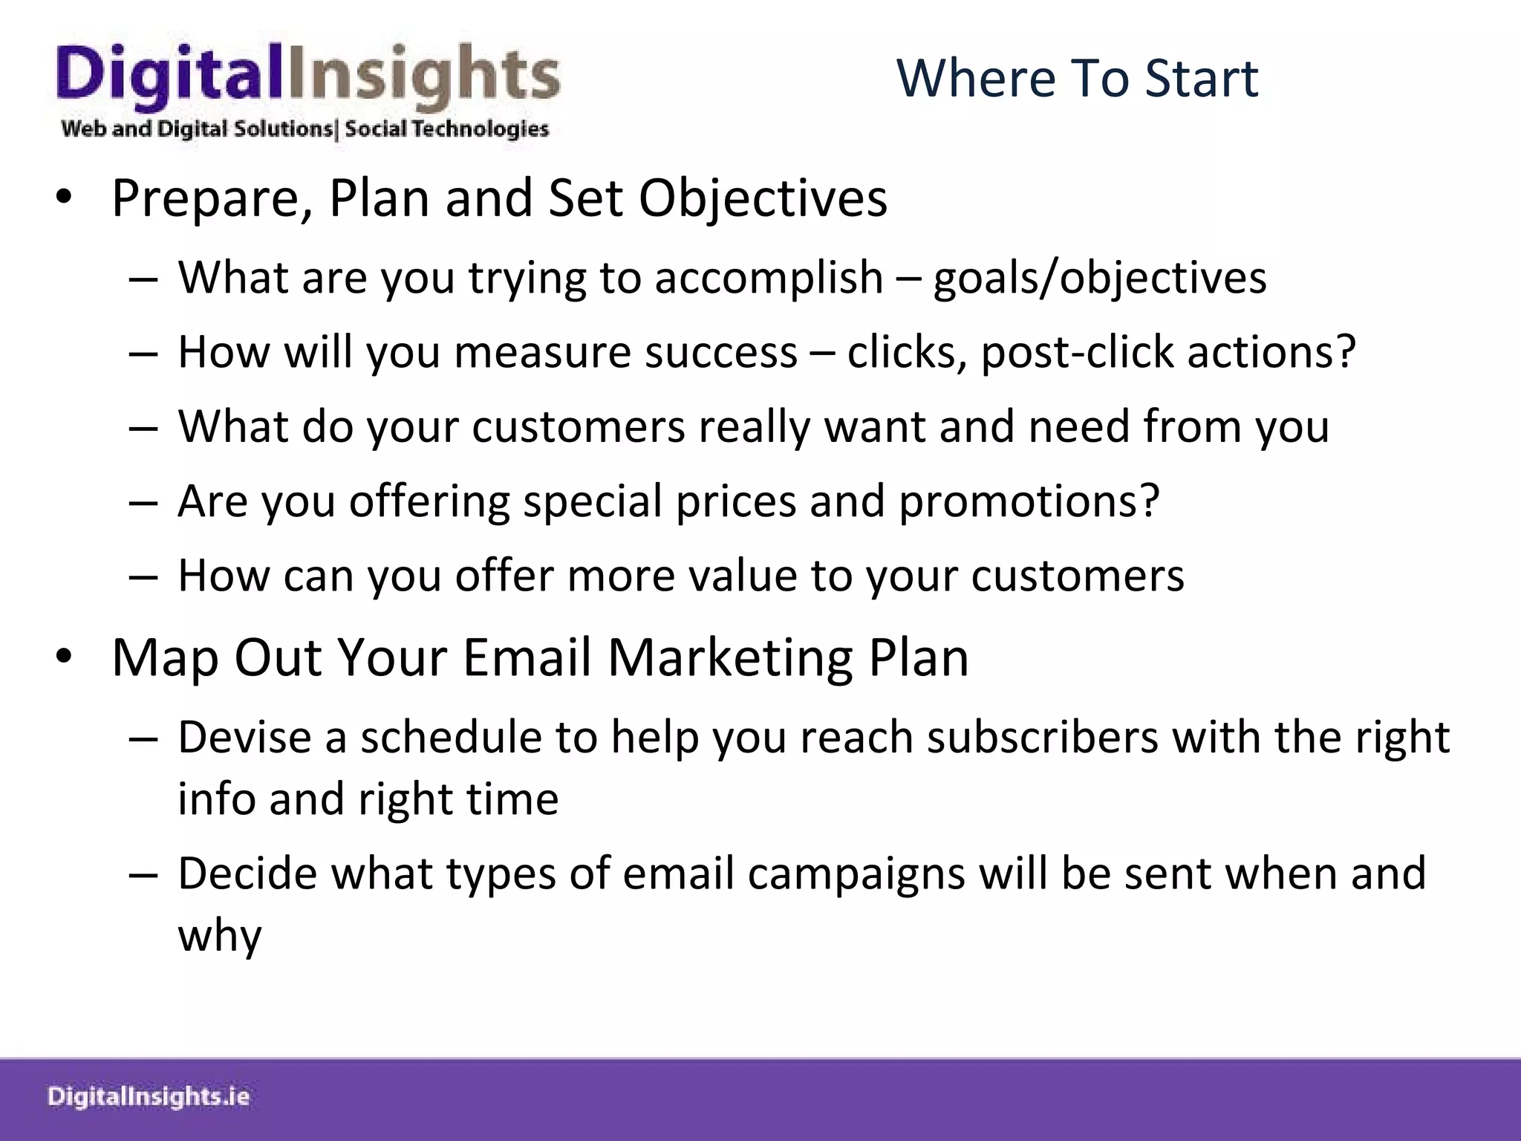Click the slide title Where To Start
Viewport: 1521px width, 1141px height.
(1077, 78)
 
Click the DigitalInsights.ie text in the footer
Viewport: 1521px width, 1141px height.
(149, 1097)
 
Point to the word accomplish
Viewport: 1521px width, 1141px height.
(769, 278)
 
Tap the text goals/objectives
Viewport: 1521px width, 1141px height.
(1100, 278)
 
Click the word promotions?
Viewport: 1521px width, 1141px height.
(1029, 501)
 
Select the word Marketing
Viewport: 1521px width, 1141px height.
(731, 658)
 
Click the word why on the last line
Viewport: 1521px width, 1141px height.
(220, 935)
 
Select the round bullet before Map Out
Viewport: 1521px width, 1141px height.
(63, 657)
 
